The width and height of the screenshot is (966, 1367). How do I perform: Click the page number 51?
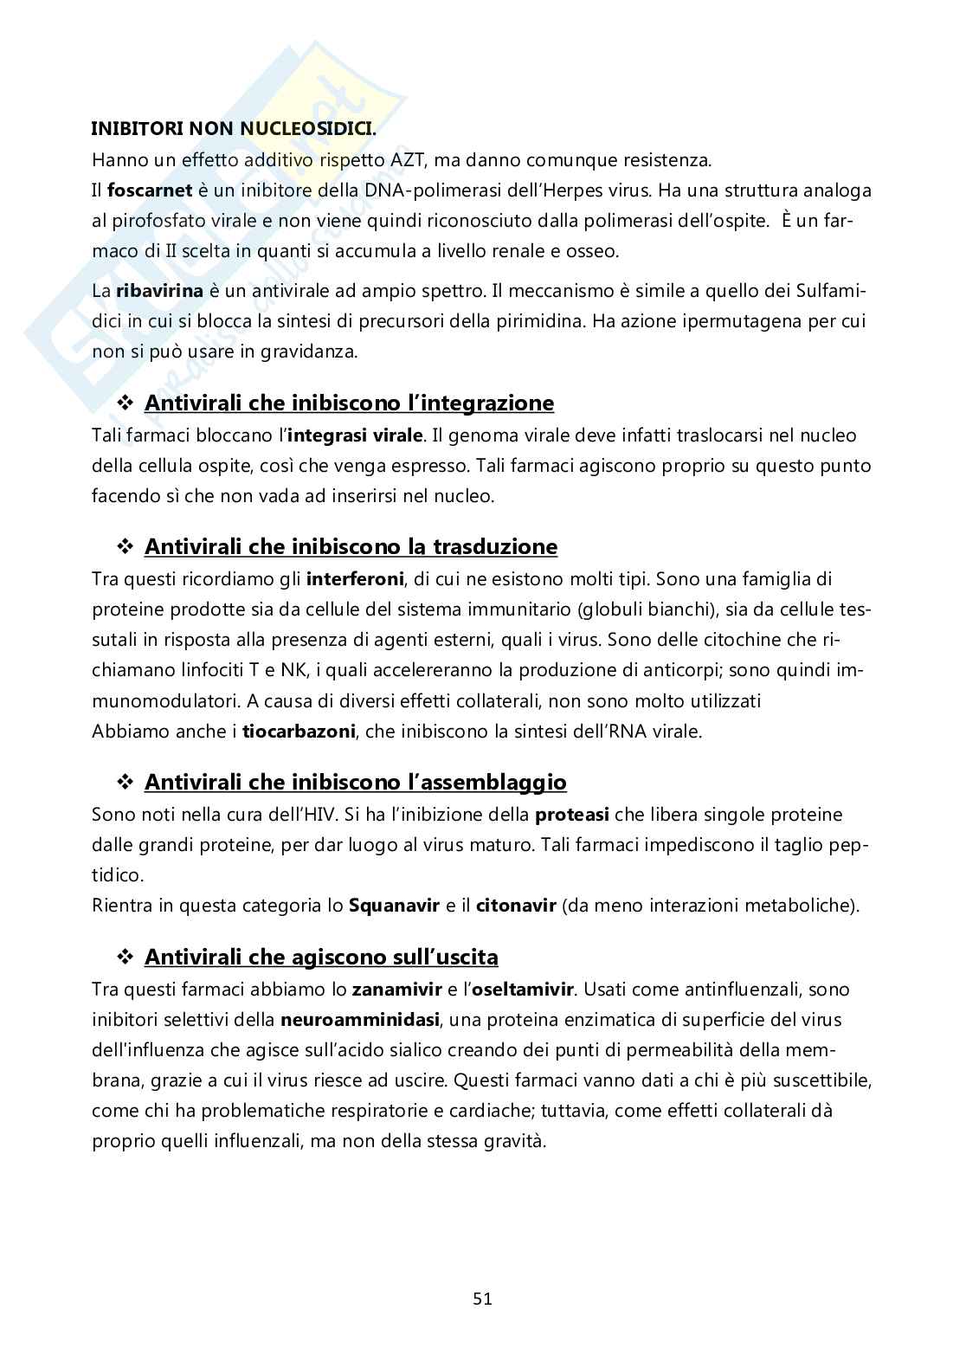click(x=483, y=1298)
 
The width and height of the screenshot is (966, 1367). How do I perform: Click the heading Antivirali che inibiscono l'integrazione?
click(x=349, y=403)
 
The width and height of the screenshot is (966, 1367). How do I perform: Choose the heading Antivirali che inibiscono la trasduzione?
click(x=351, y=546)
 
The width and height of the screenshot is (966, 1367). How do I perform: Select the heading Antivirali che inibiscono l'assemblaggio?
click(x=355, y=782)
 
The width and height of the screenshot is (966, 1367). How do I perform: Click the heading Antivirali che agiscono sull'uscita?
click(x=321, y=957)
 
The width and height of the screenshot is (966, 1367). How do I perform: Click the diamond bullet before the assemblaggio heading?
click(x=125, y=783)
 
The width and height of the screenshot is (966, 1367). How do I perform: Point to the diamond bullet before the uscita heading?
click(x=125, y=958)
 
